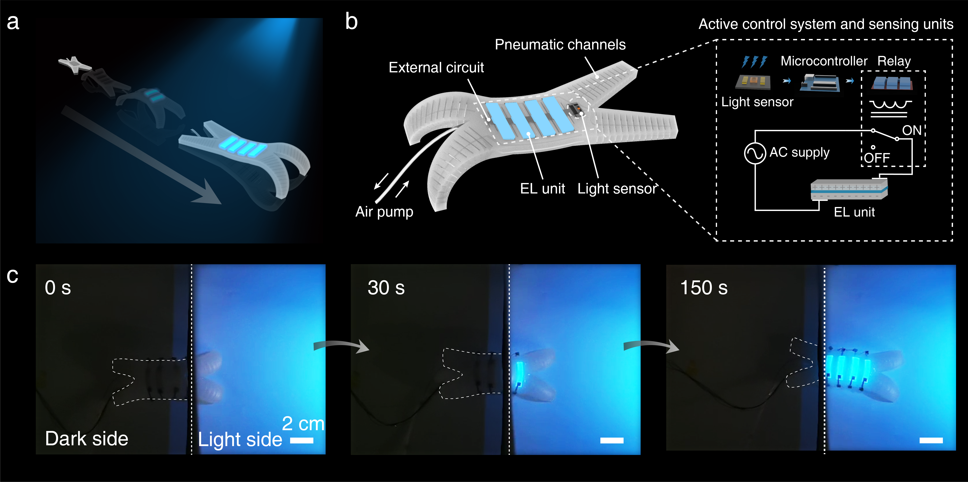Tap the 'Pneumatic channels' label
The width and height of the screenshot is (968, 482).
click(x=560, y=45)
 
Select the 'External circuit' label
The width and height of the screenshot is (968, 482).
click(x=436, y=68)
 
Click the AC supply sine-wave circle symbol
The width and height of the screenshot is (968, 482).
click(x=755, y=153)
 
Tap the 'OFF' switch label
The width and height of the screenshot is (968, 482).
click(x=877, y=158)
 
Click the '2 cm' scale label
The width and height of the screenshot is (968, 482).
click(x=303, y=424)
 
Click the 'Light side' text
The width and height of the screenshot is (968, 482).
click(x=240, y=440)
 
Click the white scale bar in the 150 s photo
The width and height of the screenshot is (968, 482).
click(x=931, y=440)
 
